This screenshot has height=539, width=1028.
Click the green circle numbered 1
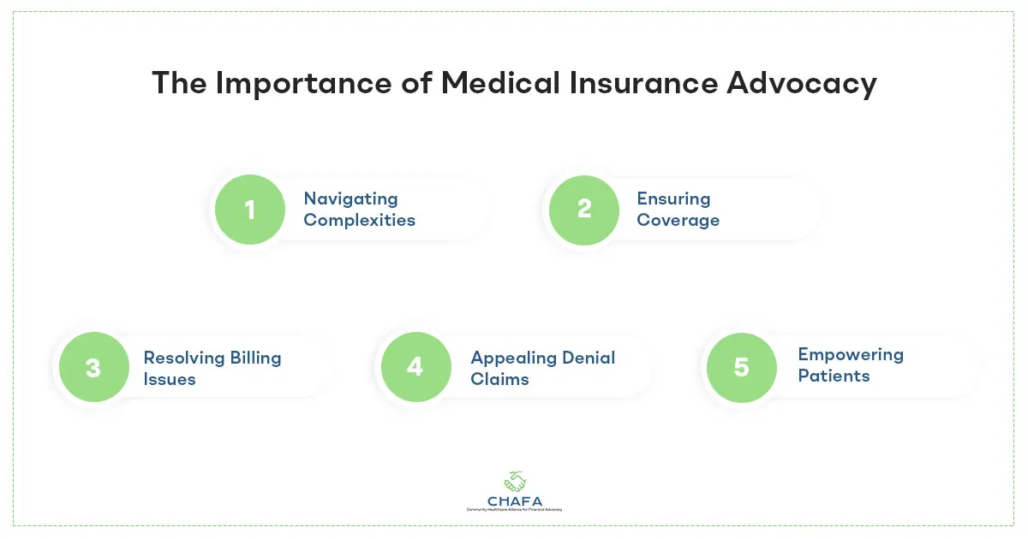click(x=250, y=210)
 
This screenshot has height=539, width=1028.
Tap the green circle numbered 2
click(x=584, y=210)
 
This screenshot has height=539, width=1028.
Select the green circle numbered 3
click(x=94, y=367)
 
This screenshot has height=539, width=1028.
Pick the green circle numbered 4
click(x=416, y=367)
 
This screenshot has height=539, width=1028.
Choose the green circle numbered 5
click(x=742, y=368)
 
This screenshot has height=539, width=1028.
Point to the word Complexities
click(x=359, y=221)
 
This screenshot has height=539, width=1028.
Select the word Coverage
click(x=678, y=221)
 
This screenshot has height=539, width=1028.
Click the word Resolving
click(x=183, y=358)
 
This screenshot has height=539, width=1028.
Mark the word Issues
click(x=170, y=380)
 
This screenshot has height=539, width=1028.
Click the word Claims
click(x=499, y=380)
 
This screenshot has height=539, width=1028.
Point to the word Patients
click(x=834, y=376)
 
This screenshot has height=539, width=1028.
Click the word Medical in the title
click(x=500, y=83)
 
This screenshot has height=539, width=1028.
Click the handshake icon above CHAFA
click(x=515, y=481)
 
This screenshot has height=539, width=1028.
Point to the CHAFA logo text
click(x=515, y=501)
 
